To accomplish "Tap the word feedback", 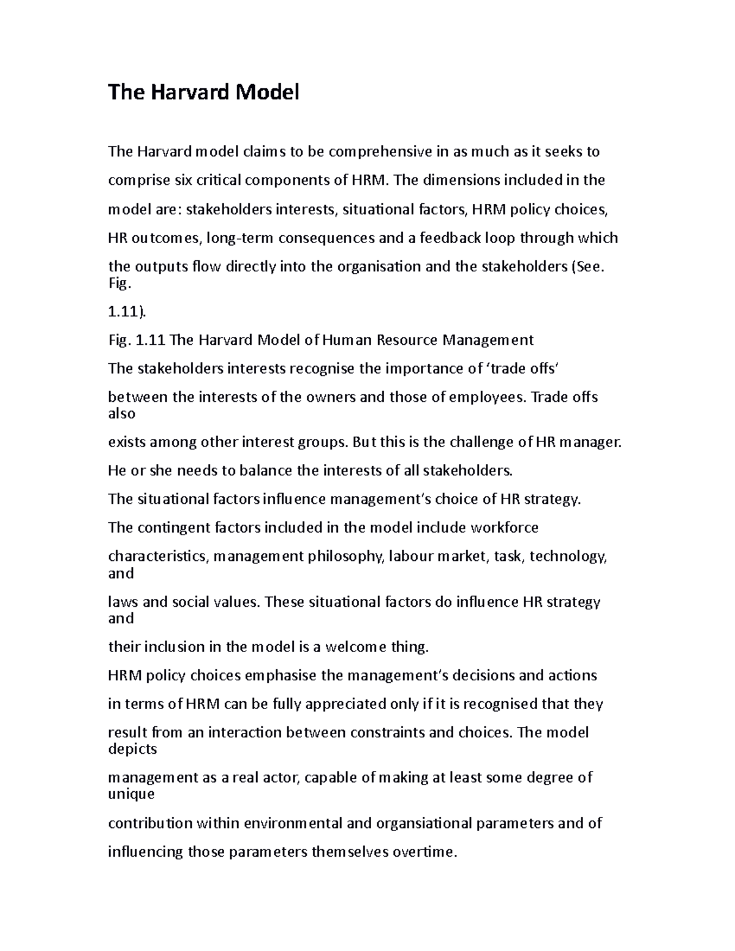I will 450,238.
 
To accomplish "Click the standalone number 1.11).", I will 127,312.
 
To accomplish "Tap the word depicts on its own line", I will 132,750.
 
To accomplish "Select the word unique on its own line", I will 131,795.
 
